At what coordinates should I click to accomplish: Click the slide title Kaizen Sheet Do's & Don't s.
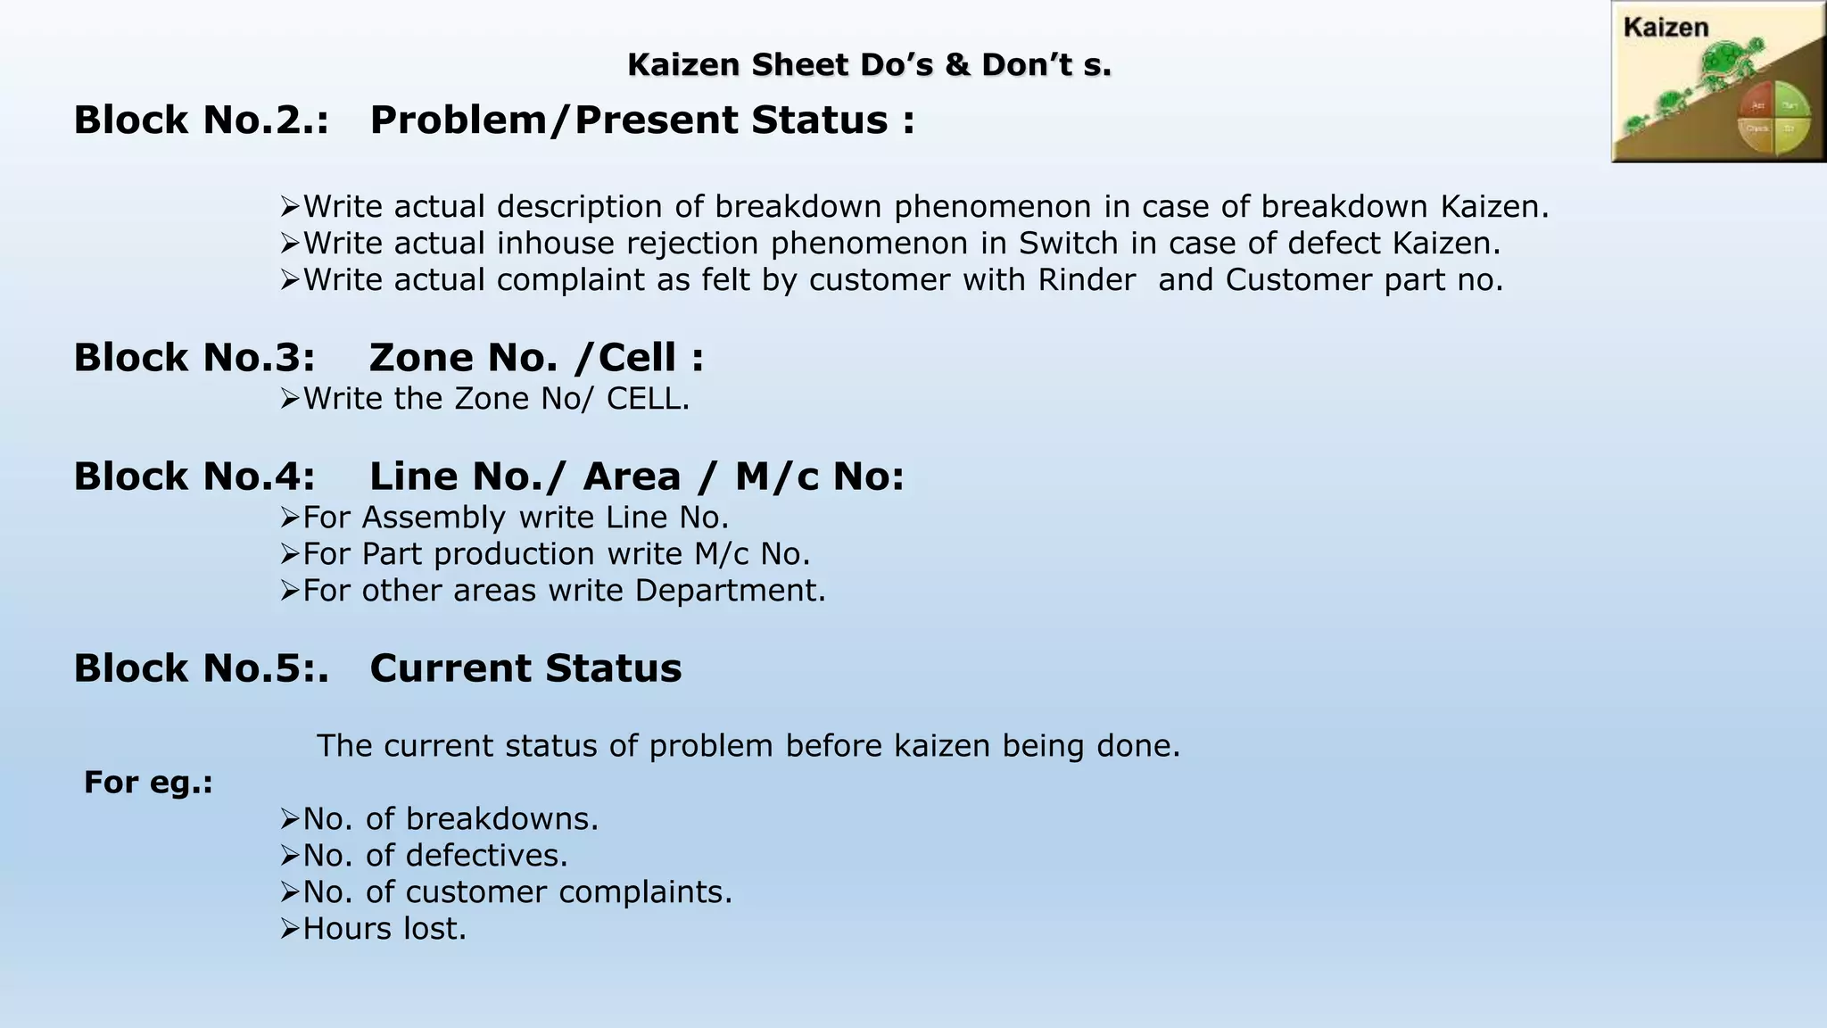tap(869, 65)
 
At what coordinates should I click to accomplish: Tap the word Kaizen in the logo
tap(1666, 28)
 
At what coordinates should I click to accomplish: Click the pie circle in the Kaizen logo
tap(1773, 118)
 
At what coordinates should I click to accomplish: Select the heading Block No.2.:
tap(201, 120)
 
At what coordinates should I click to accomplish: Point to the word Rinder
tap(1087, 279)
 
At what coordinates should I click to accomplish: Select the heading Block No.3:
tap(194, 357)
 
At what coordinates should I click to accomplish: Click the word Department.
tap(731, 590)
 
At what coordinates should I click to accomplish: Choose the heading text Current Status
tap(525, 667)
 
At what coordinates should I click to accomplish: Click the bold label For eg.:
tap(148, 782)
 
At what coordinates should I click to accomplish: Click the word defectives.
tap(486, 855)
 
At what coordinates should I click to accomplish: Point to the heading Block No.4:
tap(194, 476)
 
